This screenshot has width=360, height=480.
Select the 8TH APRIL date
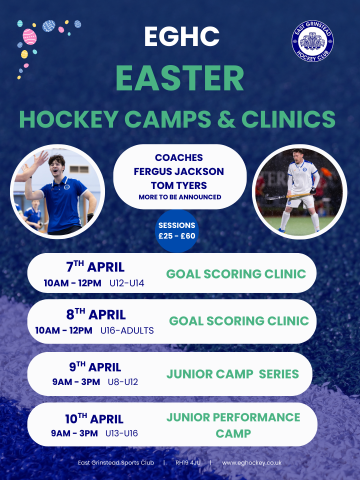[x=96, y=314]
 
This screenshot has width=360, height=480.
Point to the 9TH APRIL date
[x=96, y=363]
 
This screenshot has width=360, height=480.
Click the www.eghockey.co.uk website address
[x=251, y=462]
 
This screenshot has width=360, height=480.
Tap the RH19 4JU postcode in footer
[x=189, y=462]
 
